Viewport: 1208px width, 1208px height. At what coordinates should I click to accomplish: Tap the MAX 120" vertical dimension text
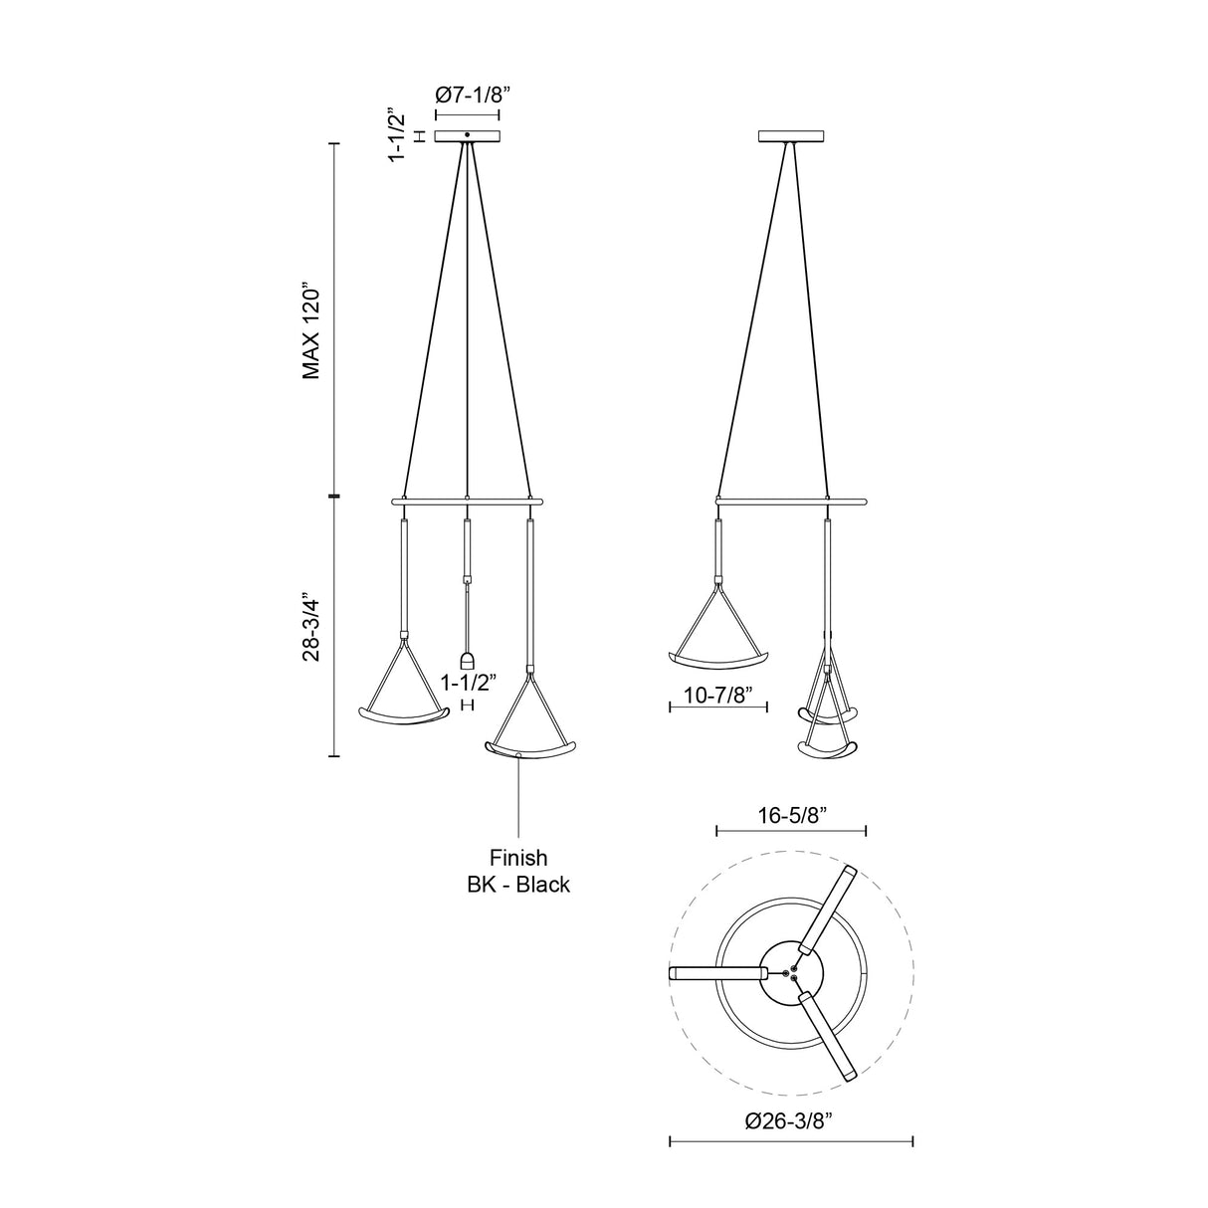tap(311, 333)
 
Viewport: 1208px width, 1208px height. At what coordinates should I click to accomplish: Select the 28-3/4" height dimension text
tap(311, 626)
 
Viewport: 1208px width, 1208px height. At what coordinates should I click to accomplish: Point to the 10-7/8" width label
tap(717, 696)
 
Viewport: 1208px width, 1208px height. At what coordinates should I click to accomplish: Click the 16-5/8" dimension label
tap(793, 815)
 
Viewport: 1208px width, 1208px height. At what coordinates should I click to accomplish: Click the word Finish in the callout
tap(518, 857)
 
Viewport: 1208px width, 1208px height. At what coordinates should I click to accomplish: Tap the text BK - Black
tap(518, 884)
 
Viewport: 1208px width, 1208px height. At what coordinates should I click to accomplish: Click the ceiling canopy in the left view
tap(467, 136)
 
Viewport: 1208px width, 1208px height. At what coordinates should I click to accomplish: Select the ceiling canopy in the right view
tap(791, 136)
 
